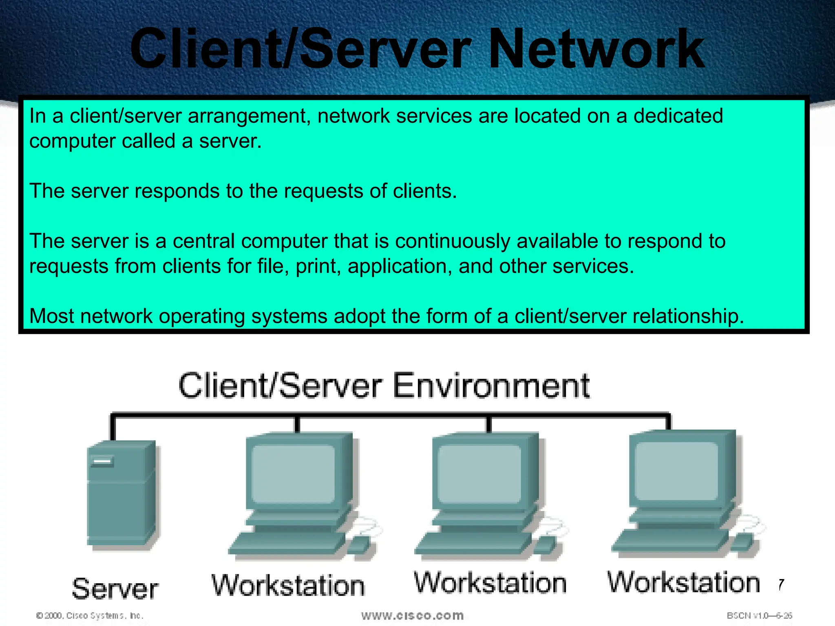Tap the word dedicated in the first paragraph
[x=678, y=116]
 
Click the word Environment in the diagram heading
[x=491, y=386]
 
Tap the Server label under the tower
[x=115, y=589]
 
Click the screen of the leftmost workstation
[x=293, y=474]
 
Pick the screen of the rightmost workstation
[x=676, y=471]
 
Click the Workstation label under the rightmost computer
[x=684, y=582]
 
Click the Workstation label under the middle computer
[x=490, y=583]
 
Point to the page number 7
[x=781, y=584]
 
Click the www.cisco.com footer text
[x=412, y=615]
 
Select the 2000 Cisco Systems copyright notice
[x=90, y=615]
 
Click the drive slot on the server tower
[x=102, y=461]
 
